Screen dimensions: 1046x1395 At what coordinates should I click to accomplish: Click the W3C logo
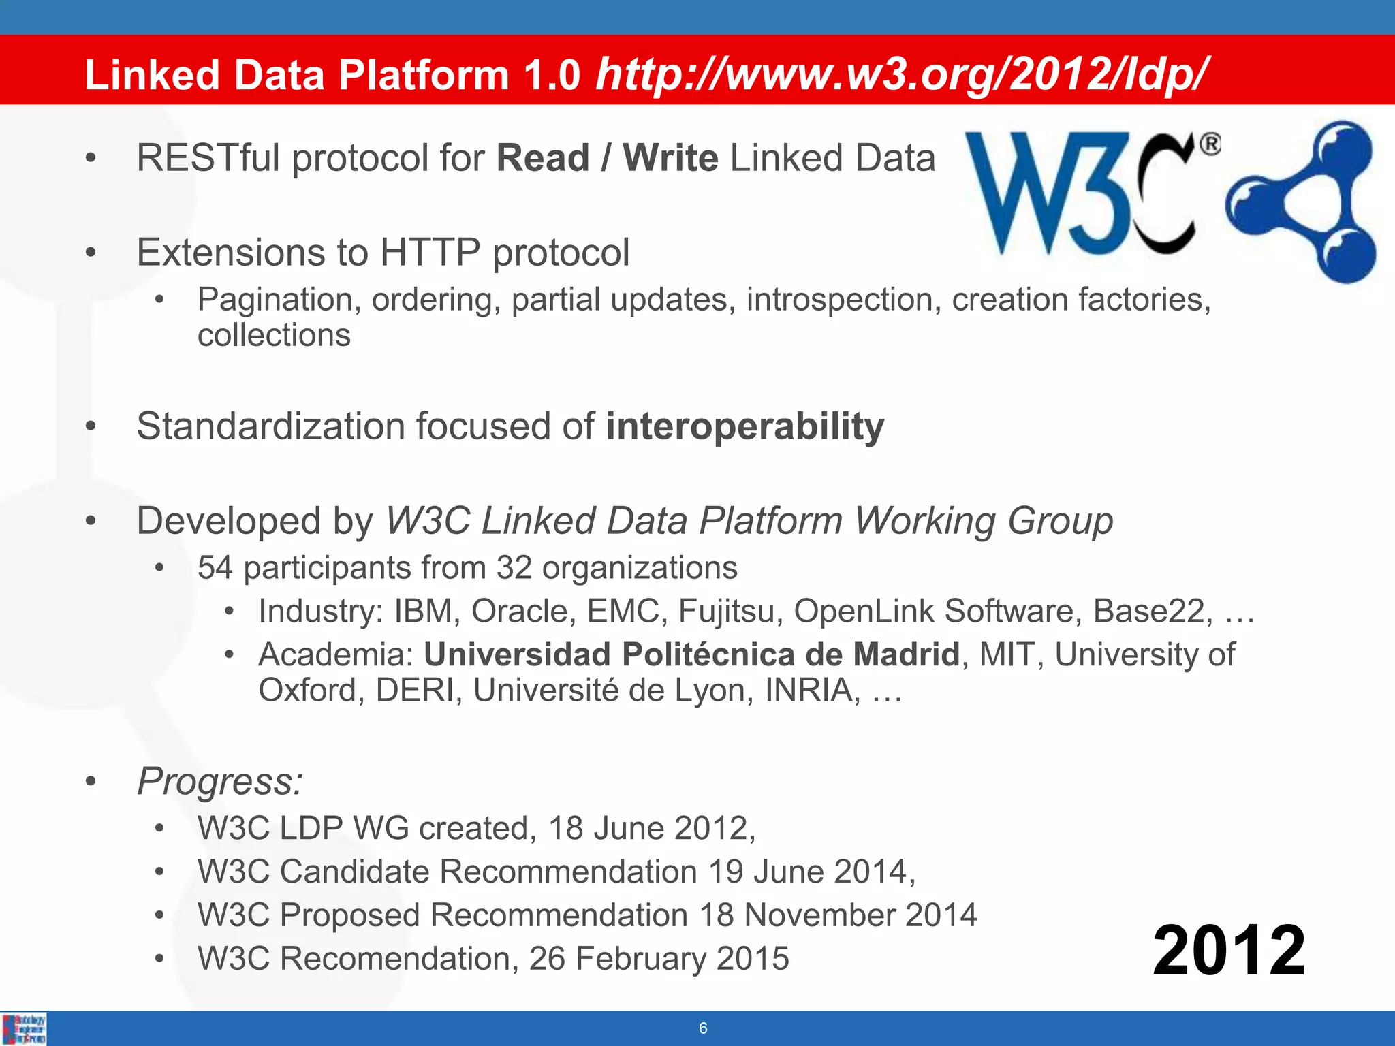click(x=1090, y=194)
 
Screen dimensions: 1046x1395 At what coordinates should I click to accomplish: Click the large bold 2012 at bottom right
click(x=1229, y=951)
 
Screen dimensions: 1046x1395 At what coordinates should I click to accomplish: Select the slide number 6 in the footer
click(x=703, y=1028)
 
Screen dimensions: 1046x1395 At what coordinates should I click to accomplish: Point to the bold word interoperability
click(x=745, y=427)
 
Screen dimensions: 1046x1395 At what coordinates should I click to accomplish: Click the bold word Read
click(x=543, y=159)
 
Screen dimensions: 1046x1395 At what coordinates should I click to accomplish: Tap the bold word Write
click(x=670, y=159)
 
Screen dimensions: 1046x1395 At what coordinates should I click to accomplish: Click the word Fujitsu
click(x=730, y=611)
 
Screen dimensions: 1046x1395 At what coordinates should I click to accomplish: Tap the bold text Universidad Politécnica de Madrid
click(x=691, y=654)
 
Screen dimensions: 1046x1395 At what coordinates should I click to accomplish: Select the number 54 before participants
click(x=215, y=568)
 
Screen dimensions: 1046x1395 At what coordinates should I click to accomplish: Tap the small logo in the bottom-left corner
click(x=25, y=1029)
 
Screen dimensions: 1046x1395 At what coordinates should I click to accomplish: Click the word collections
click(x=274, y=335)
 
